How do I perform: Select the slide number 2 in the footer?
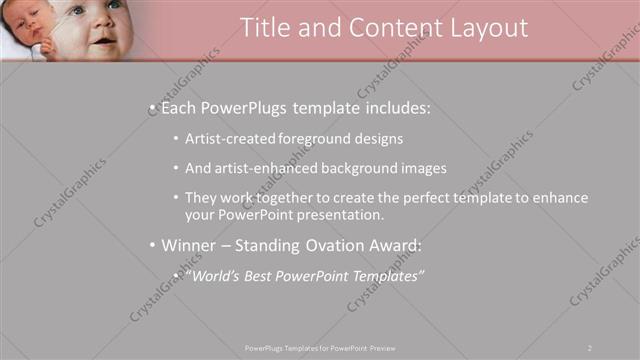coord(590,347)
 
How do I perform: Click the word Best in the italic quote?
coord(266,275)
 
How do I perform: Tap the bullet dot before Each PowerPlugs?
coord(151,106)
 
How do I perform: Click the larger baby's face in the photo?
coord(98,25)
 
